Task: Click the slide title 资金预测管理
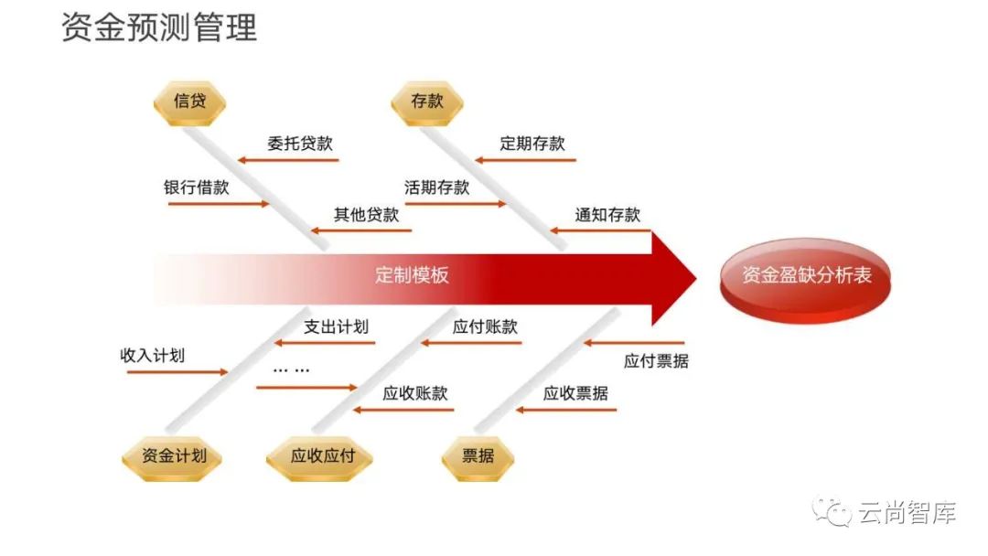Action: pyautogui.click(x=159, y=28)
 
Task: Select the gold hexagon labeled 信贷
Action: pyautogui.click(x=189, y=102)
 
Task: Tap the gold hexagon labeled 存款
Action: pyautogui.click(x=426, y=102)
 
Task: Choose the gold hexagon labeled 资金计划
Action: pyautogui.click(x=174, y=455)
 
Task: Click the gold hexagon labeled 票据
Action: pyautogui.click(x=478, y=455)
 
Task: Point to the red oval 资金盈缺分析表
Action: pyautogui.click(x=806, y=275)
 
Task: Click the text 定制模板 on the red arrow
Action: pyautogui.click(x=412, y=274)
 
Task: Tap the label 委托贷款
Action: pyautogui.click(x=299, y=144)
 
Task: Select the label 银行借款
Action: pyautogui.click(x=196, y=187)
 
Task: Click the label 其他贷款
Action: pyautogui.click(x=366, y=215)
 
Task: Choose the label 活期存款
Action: pyautogui.click(x=436, y=187)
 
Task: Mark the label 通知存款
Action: pyautogui.click(x=607, y=215)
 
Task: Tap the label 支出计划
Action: pyautogui.click(x=336, y=326)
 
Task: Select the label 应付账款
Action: pyautogui.click(x=485, y=326)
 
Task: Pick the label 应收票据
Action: pyautogui.click(x=575, y=393)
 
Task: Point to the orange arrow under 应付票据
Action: pyautogui.click(x=634, y=344)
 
